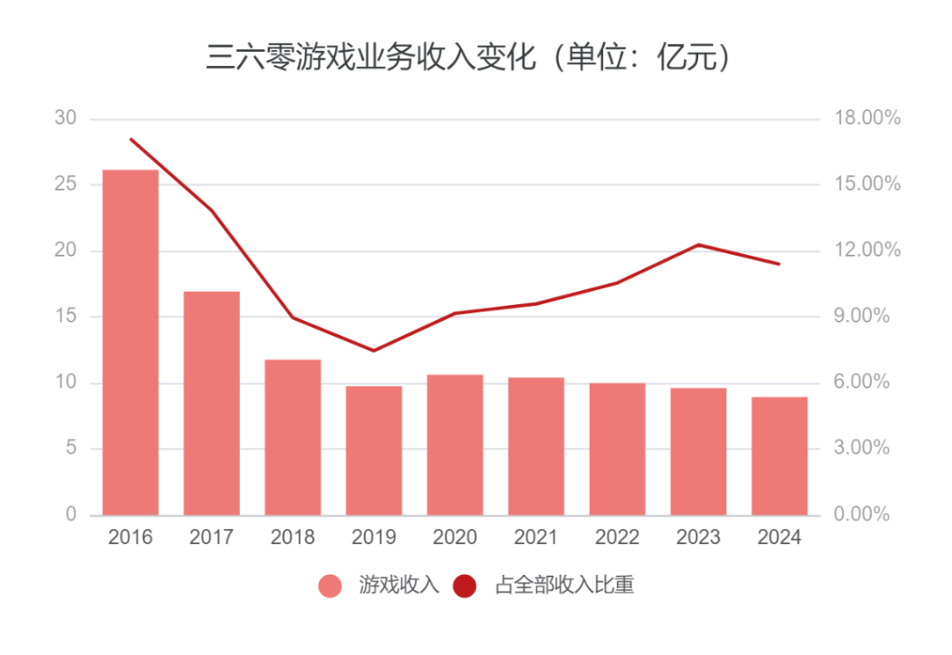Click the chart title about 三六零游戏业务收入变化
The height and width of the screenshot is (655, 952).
[469, 58]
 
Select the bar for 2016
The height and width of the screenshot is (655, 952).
[130, 342]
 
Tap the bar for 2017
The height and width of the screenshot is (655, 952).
[212, 403]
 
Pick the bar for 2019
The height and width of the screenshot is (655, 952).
[374, 450]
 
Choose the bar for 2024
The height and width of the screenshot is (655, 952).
[779, 456]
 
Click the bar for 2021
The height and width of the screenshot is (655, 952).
[536, 446]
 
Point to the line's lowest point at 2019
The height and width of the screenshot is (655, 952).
[374, 351]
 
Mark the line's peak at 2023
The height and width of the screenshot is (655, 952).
[698, 245]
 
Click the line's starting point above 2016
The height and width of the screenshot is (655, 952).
[130, 139]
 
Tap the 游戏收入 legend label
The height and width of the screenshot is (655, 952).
[398, 585]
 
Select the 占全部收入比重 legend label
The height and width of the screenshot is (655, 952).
[564, 585]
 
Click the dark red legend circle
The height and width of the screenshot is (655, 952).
[464, 586]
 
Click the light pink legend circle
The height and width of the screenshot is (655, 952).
[330, 586]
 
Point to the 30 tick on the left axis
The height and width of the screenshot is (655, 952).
[65, 118]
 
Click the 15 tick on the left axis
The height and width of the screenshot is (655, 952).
[65, 316]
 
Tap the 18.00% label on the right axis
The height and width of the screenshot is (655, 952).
[866, 118]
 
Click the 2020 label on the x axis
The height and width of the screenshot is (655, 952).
[455, 538]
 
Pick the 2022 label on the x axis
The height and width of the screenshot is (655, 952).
[617, 538]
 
